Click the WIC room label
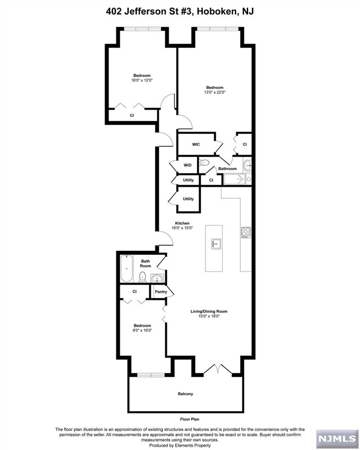(x=196, y=145)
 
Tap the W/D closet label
(x=187, y=165)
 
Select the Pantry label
(x=161, y=291)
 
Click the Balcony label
(x=186, y=394)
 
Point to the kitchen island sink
(x=217, y=244)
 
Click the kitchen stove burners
(x=246, y=232)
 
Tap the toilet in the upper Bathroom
(x=204, y=163)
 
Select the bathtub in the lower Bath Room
(x=127, y=269)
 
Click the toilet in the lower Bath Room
(x=142, y=277)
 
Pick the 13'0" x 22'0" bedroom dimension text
(x=215, y=92)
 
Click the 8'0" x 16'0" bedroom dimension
(x=142, y=330)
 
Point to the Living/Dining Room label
(x=209, y=312)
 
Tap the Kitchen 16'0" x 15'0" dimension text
(x=182, y=228)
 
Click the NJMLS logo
(x=337, y=439)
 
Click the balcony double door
(x=217, y=369)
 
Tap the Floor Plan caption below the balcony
(x=190, y=419)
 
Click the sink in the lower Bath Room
(x=157, y=278)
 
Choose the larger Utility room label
(x=188, y=199)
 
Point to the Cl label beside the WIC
(x=245, y=145)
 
